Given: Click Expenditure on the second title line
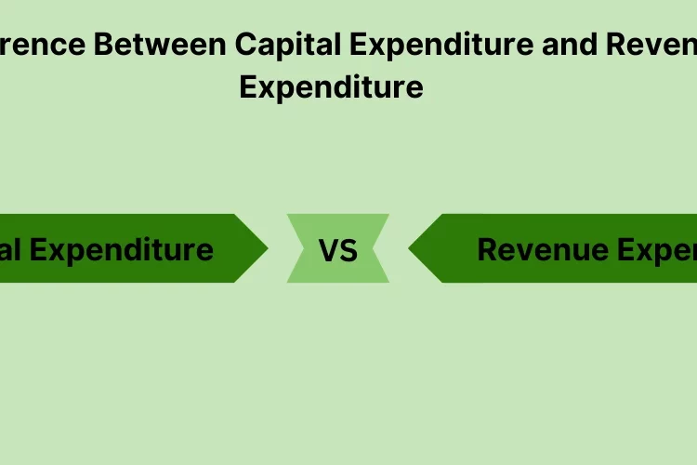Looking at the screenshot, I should [x=331, y=86].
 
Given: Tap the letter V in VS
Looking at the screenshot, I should [x=328, y=250].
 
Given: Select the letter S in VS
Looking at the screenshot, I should [x=348, y=250].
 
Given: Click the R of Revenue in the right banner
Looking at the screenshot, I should [x=487, y=249].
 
